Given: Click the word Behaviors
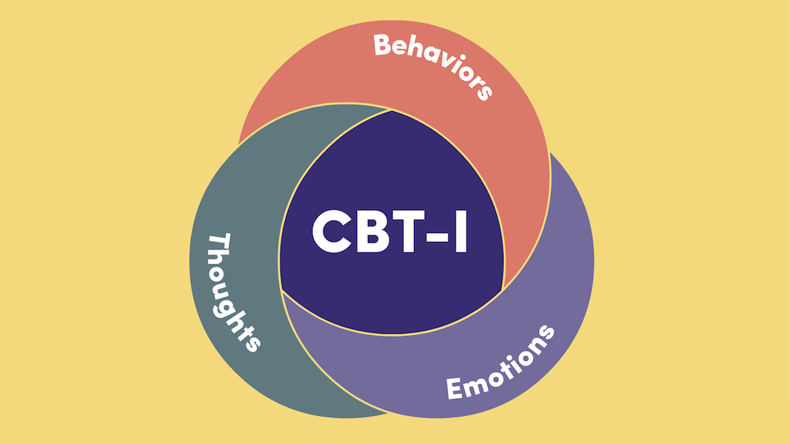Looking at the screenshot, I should pos(433,63).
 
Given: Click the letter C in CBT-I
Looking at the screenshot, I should pos(332,231).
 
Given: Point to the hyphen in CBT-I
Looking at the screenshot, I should pos(435,235).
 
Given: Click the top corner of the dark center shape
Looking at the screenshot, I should pos(391,111).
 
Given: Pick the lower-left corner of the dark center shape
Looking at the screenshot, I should pos(281,289).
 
